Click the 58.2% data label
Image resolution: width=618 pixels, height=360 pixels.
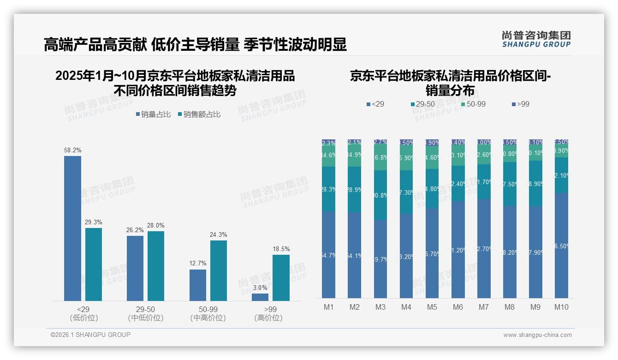click(x=72, y=150)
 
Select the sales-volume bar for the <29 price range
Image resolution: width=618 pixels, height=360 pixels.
click(x=72, y=228)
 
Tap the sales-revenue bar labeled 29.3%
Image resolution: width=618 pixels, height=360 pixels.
click(x=94, y=264)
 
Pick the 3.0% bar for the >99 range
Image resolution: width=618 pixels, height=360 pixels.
click(x=260, y=297)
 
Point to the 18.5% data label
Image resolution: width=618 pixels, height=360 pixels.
click(x=281, y=249)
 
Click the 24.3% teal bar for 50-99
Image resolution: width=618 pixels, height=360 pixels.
click(x=219, y=270)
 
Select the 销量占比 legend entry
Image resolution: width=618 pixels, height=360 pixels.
click(x=154, y=114)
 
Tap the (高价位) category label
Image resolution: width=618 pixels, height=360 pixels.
click(x=268, y=318)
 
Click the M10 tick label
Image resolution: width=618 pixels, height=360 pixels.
click(x=561, y=307)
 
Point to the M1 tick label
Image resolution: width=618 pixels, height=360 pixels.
click(x=329, y=307)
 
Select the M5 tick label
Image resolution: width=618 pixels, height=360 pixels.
click(x=432, y=307)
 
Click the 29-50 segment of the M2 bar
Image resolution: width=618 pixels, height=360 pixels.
click(x=355, y=189)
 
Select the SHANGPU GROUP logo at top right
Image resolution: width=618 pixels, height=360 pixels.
click(x=536, y=39)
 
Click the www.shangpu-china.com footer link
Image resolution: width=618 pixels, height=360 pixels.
click(x=537, y=335)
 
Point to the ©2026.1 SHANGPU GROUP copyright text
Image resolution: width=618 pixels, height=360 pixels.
click(x=90, y=335)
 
